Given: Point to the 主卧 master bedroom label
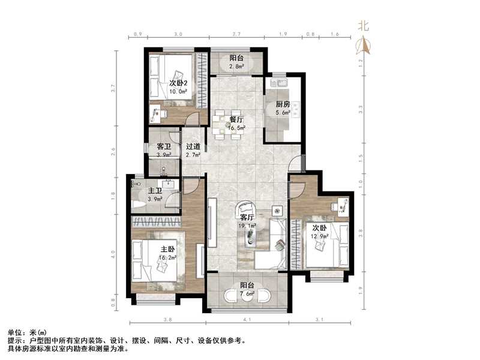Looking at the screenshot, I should [167, 250].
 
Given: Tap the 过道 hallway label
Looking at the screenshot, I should [193, 146].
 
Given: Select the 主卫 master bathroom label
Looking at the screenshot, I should [155, 191].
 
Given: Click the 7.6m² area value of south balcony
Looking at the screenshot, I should [248, 294].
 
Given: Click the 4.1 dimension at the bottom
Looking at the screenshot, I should [247, 319].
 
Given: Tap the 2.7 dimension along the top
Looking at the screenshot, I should [236, 34].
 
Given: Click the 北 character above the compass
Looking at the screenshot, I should [362, 26].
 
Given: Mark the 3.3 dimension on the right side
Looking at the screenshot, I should [360, 109].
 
